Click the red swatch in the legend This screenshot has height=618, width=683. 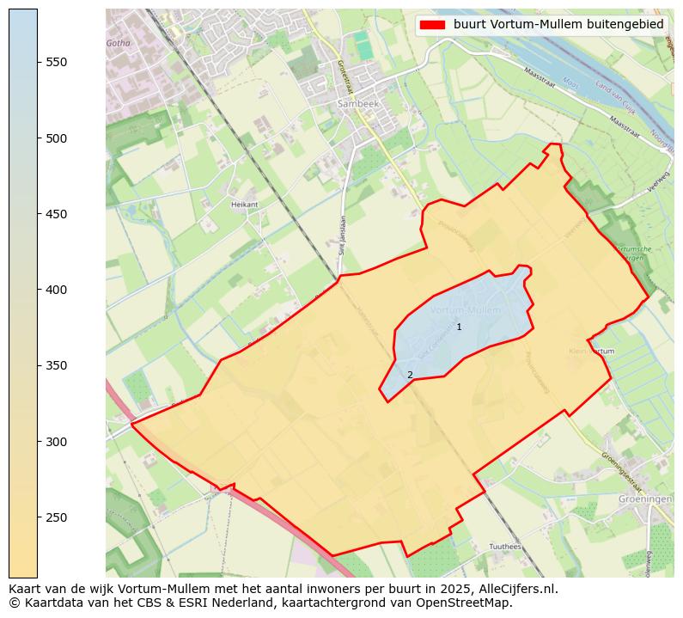(432, 25)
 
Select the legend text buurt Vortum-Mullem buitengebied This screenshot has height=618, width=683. (558, 25)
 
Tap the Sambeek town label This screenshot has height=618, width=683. (357, 103)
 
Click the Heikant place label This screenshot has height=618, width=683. (244, 205)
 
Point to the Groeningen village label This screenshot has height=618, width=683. (644, 499)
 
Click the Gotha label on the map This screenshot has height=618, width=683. (118, 43)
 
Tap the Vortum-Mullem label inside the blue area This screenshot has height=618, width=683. (465, 309)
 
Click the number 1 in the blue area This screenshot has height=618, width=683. (459, 327)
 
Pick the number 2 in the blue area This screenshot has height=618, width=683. (410, 375)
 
